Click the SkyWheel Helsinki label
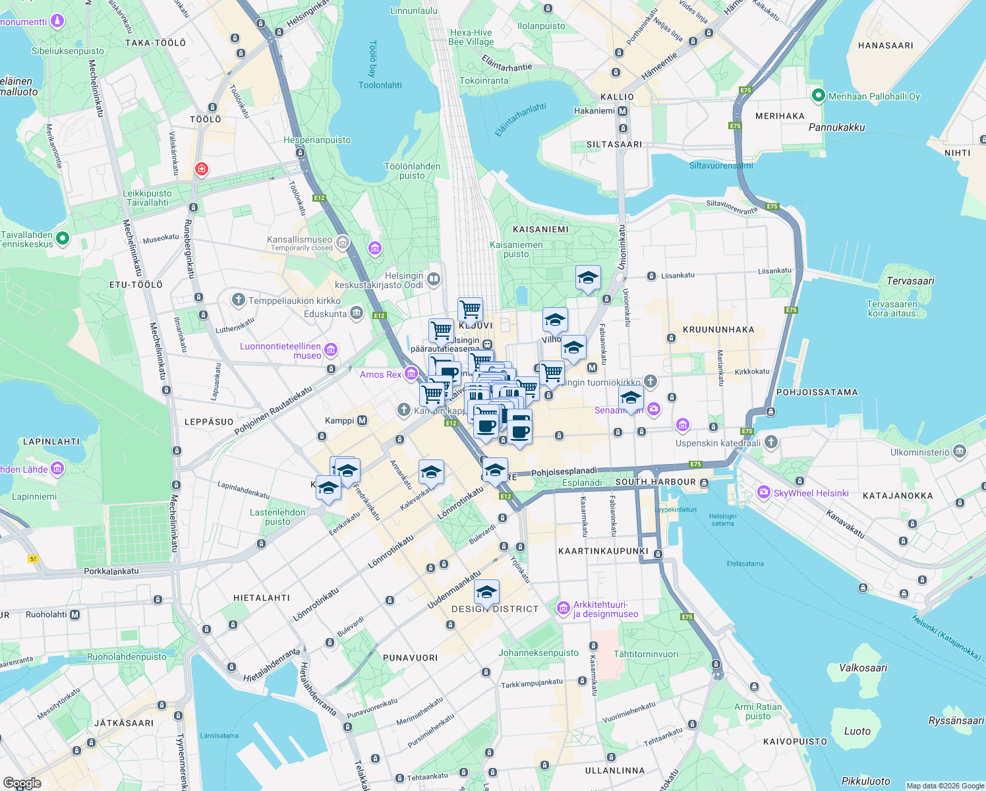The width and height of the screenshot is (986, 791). pyautogui.click(x=811, y=493)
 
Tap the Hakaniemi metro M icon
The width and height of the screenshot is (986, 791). pyautogui.click(x=622, y=111)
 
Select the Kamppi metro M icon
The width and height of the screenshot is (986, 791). pyautogui.click(x=362, y=421)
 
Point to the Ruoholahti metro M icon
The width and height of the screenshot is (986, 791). pyautogui.click(x=74, y=614)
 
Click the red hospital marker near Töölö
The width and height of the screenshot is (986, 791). pyautogui.click(x=202, y=169)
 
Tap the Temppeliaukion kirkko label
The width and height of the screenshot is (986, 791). pyautogui.click(x=295, y=301)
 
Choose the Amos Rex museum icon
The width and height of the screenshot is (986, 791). pyautogui.click(x=411, y=374)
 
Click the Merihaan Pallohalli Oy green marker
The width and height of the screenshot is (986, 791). pyautogui.click(x=818, y=96)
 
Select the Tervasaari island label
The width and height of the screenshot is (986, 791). pyautogui.click(x=910, y=281)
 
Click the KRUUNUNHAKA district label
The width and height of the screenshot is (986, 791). pyautogui.click(x=718, y=330)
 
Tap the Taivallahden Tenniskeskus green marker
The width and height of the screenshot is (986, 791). pyautogui.click(x=63, y=238)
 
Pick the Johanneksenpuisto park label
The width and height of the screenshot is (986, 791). pyautogui.click(x=538, y=653)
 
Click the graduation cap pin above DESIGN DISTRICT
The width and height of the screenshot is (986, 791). pyautogui.click(x=486, y=592)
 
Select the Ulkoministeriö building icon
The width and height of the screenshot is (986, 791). pyautogui.click(x=960, y=452)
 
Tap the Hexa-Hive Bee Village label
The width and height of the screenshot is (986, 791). pyautogui.click(x=471, y=37)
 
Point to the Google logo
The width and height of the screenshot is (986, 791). pyautogui.click(x=22, y=783)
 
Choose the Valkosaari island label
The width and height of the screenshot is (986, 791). pyautogui.click(x=863, y=668)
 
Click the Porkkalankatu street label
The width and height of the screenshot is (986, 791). pyautogui.click(x=111, y=571)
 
